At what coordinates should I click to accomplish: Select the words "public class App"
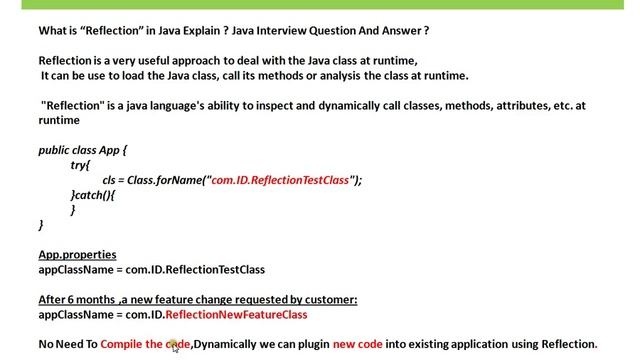pyautogui.click(x=82, y=149)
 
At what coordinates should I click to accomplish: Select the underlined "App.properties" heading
pyautogui.click(x=77, y=255)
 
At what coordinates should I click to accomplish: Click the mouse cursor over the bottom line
pyautogui.click(x=174, y=346)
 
